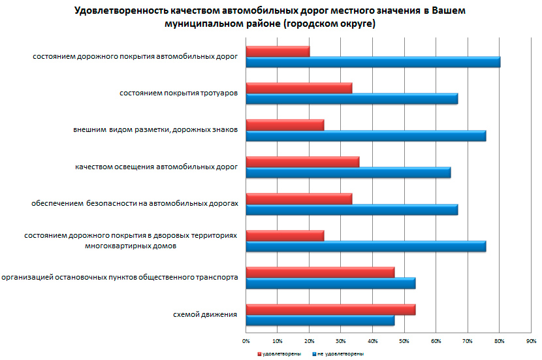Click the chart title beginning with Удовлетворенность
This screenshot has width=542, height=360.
coord(271,18)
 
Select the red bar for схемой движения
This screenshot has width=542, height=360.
coord(330,310)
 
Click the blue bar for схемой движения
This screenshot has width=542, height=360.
coord(320,320)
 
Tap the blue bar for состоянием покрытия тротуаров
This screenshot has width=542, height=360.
coord(351,99)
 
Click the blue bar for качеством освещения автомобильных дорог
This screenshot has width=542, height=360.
coord(348,172)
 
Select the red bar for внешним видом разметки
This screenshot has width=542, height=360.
coord(285,125)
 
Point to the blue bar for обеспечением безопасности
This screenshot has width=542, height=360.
coord(351,210)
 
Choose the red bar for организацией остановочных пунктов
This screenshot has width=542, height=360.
coord(320,272)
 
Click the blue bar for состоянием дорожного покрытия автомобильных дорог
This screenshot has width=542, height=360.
coord(373,62)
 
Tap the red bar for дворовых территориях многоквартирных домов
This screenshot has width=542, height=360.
coord(285,236)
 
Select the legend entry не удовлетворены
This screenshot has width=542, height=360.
coord(342,353)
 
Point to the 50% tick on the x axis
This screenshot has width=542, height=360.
coord(404,341)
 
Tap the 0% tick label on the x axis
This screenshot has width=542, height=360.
coord(246,341)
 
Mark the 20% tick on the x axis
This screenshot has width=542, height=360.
coord(310,341)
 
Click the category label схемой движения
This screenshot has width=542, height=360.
coord(204,315)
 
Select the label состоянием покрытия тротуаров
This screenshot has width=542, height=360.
coord(178,93)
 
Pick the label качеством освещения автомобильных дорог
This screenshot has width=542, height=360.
coord(156,167)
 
